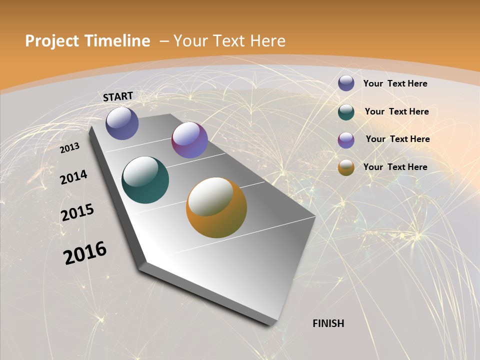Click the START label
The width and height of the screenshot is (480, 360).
(x=118, y=96)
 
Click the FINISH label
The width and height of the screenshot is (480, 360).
(x=328, y=323)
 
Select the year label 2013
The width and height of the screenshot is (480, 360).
(x=69, y=148)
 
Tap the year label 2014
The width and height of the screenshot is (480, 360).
(x=73, y=177)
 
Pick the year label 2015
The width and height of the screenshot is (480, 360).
(x=77, y=212)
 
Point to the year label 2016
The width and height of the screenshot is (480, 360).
(x=85, y=253)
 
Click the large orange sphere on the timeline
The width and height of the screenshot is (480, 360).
(x=216, y=207)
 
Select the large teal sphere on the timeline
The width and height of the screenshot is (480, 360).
(x=145, y=180)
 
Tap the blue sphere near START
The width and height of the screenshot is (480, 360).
(x=122, y=123)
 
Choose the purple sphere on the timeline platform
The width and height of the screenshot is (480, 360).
(x=189, y=140)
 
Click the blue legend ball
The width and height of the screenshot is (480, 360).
(x=346, y=83)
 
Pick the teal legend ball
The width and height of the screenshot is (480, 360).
(x=346, y=112)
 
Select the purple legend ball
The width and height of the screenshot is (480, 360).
(x=346, y=139)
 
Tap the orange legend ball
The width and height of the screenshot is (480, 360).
(x=346, y=167)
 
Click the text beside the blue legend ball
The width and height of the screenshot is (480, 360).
(x=395, y=83)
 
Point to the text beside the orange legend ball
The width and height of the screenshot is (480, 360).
(x=395, y=167)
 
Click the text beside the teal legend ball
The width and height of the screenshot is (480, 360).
(x=396, y=111)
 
